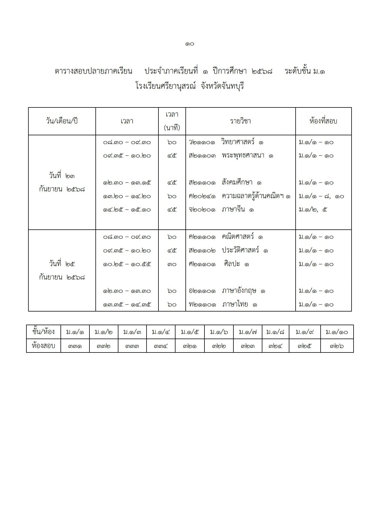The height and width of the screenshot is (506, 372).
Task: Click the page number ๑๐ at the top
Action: (x=189, y=44)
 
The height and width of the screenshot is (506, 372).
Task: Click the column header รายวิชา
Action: (x=240, y=121)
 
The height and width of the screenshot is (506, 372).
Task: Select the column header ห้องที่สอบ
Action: (x=323, y=121)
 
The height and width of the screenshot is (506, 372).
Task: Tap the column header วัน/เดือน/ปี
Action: (x=62, y=121)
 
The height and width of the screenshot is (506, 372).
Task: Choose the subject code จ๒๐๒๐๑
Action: (x=202, y=210)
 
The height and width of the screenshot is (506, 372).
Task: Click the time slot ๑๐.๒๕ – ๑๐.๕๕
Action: (x=127, y=264)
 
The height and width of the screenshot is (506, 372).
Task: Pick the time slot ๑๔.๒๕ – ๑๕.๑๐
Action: (x=127, y=210)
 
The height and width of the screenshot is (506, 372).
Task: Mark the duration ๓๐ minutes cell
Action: (x=172, y=264)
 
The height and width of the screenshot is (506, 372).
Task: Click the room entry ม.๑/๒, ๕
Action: (x=313, y=210)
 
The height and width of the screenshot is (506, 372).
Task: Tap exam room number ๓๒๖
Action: (x=337, y=346)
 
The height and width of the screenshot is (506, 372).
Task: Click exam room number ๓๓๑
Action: (x=75, y=346)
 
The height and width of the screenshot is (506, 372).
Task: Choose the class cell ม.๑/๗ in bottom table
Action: (x=247, y=332)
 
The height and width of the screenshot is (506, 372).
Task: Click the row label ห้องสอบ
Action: (x=43, y=346)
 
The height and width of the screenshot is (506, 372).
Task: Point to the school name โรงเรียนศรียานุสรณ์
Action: (x=166, y=86)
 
